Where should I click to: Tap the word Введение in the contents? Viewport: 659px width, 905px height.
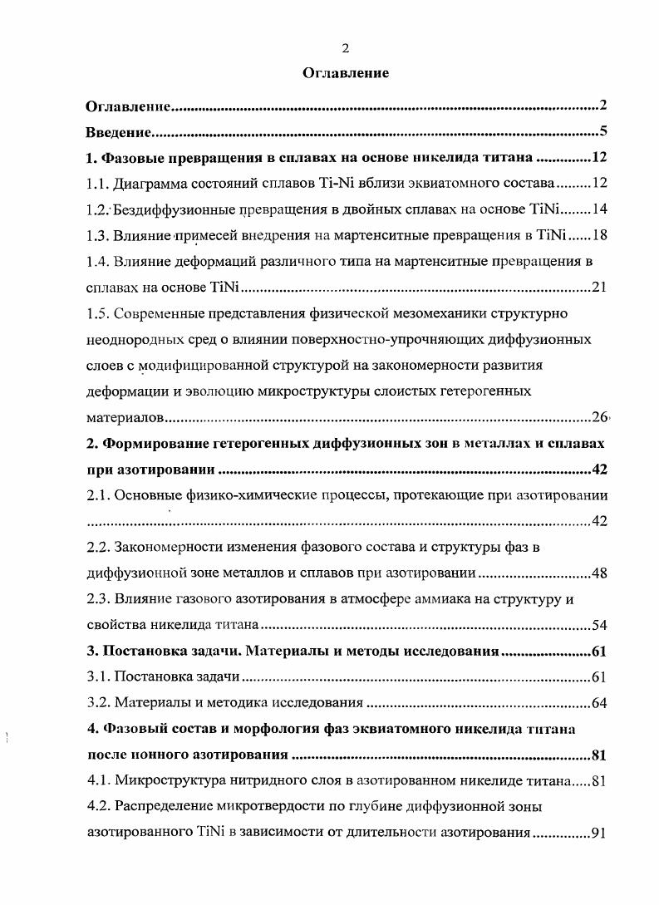point(118,132)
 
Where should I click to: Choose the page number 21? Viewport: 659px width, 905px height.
point(600,288)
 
